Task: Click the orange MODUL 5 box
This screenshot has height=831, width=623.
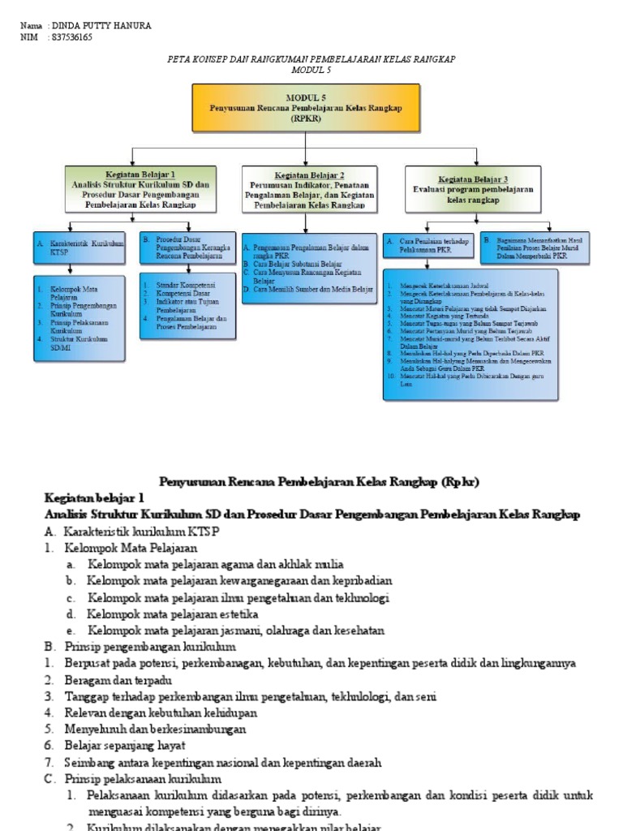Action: click(x=306, y=107)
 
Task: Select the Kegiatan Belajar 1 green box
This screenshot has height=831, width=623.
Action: click(x=140, y=189)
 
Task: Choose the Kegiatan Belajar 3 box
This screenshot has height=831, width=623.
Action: click(x=472, y=188)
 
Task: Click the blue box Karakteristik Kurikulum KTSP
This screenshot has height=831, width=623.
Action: click(x=79, y=248)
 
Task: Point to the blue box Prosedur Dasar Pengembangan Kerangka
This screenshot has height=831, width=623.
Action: click(x=177, y=248)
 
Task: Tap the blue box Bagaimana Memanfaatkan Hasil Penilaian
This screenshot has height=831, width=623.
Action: click(x=535, y=247)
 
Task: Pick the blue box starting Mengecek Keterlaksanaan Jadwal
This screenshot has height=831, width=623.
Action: click(x=470, y=334)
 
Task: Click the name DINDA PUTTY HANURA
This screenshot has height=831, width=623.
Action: click(x=100, y=26)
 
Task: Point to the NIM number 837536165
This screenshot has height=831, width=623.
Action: click(x=71, y=37)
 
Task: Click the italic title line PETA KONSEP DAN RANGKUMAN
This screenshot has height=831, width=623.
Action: click(x=311, y=59)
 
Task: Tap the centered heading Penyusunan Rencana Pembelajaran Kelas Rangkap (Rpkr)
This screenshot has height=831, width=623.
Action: click(x=319, y=482)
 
